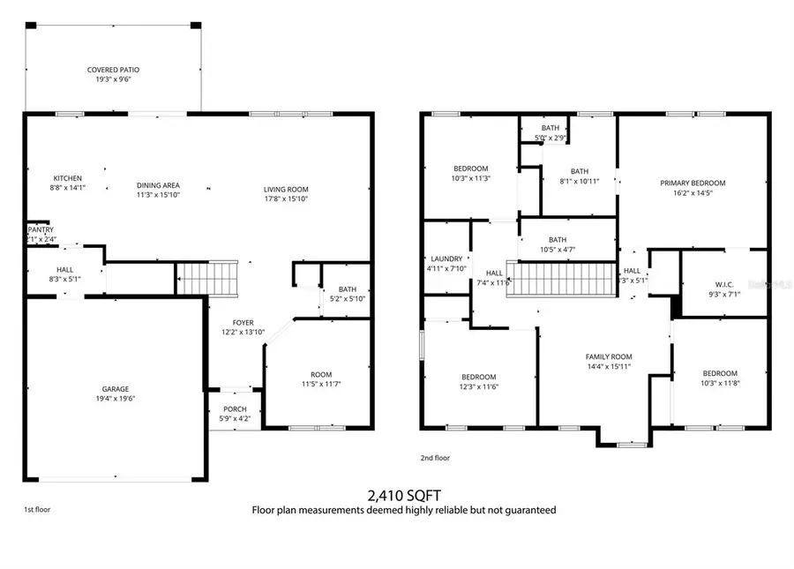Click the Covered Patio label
113,70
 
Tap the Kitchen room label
67,177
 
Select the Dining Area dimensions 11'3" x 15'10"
158,194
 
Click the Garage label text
115,389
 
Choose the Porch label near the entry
234,408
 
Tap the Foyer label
243,323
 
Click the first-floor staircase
208,279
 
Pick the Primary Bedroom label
693,183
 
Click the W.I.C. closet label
724,284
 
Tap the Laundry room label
446,258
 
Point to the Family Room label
609,356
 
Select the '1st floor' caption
37,510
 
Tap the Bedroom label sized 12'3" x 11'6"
478,377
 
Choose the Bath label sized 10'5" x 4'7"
557,239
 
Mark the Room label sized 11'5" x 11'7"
316,373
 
